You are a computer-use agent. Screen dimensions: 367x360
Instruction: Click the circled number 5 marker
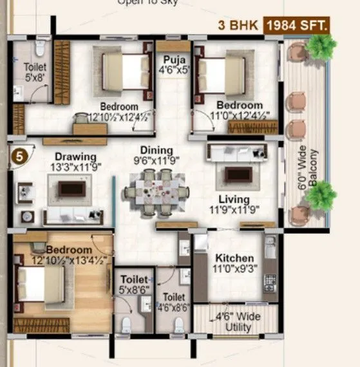point(20,155)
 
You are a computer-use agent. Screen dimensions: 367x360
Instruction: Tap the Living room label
point(234,204)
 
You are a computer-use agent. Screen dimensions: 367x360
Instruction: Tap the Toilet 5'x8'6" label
point(135,285)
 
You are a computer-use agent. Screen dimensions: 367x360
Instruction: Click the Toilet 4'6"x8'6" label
point(174,302)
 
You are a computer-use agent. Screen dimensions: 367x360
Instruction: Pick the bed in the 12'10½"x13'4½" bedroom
point(42,286)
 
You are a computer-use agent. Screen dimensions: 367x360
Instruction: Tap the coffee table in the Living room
point(238,174)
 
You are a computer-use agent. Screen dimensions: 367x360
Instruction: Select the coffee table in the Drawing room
point(71,189)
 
